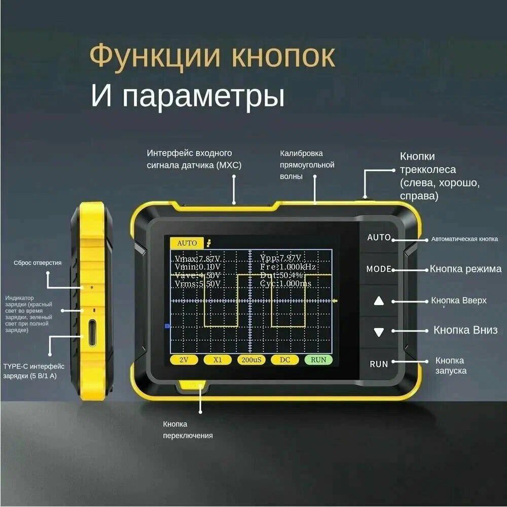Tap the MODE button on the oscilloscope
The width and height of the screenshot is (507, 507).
point(379,269)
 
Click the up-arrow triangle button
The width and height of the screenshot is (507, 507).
point(379,301)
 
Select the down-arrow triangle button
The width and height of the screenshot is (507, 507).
point(379,332)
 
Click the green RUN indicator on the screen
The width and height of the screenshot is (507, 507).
point(318,360)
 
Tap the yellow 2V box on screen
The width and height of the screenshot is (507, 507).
point(184,360)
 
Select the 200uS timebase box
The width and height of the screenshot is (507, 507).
point(251,360)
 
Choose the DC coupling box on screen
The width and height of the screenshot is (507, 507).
point(284,360)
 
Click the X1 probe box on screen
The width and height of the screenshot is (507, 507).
point(218,360)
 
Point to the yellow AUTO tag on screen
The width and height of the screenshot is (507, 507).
point(187,243)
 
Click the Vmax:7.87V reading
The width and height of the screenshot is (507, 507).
point(197,258)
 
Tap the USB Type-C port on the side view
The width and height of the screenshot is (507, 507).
point(92,333)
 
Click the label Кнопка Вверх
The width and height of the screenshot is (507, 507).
point(459,300)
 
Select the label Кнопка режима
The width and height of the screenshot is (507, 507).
point(465,269)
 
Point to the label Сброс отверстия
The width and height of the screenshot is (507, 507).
point(38,263)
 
